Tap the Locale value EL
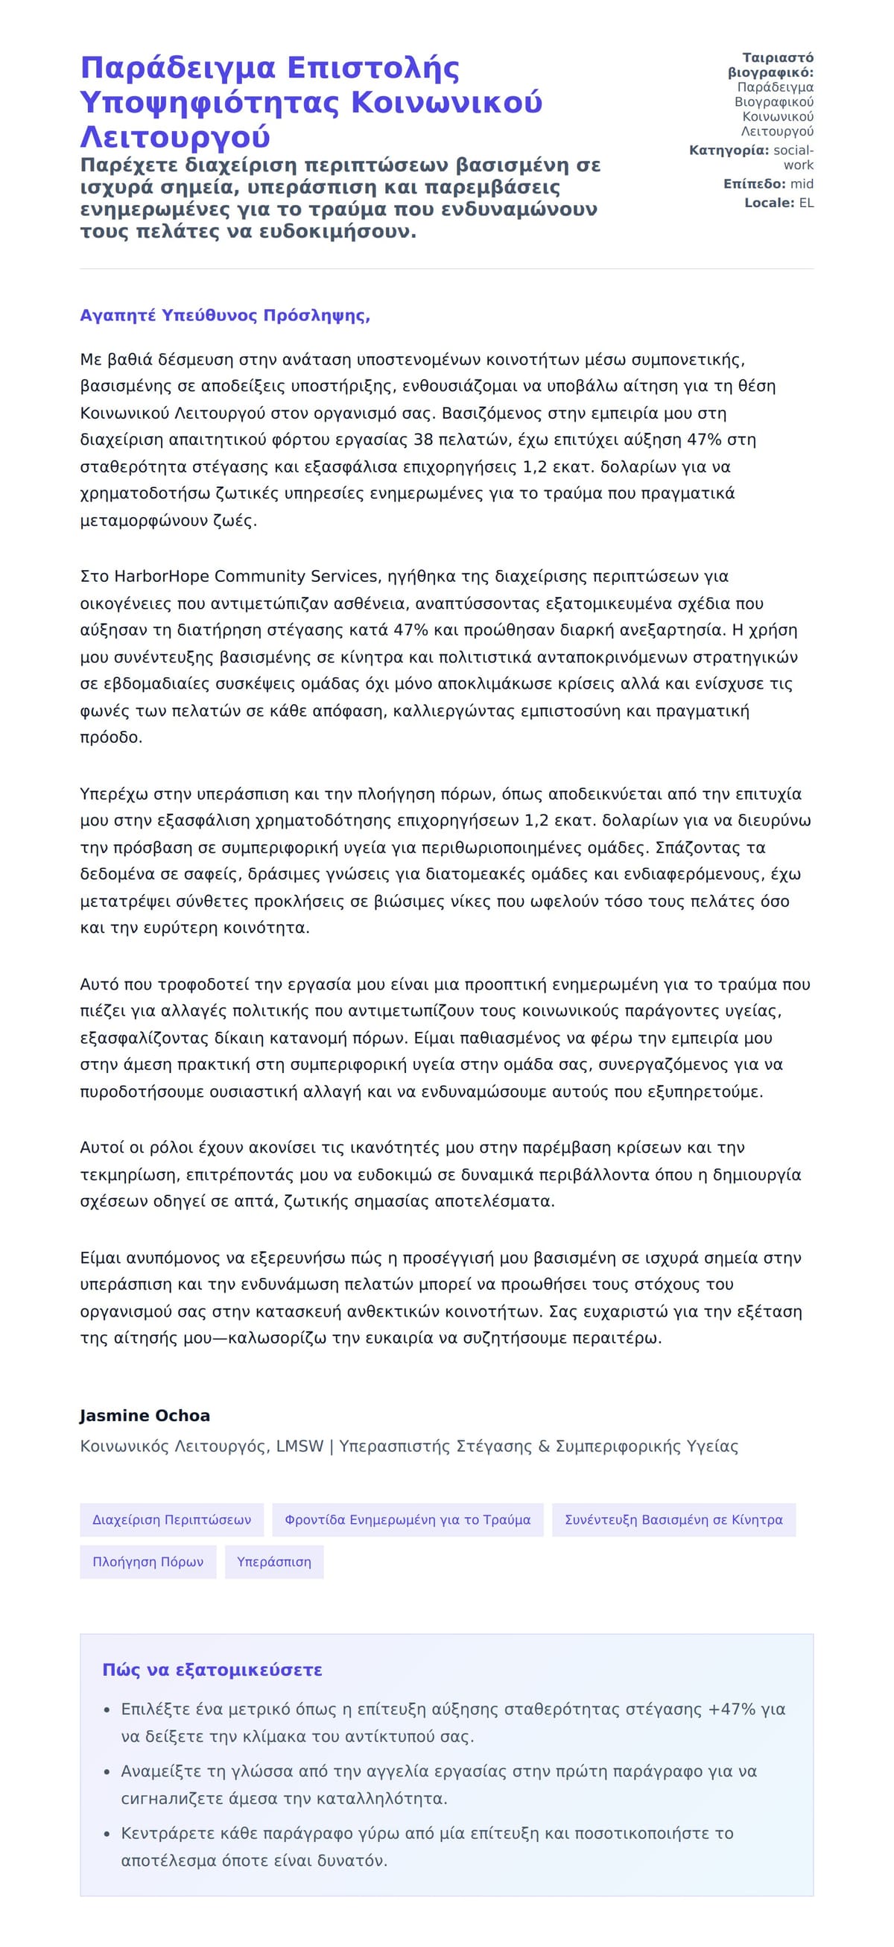point(805,203)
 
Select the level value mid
point(801,183)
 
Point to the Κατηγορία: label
point(729,151)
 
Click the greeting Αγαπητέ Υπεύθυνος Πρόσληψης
point(224,315)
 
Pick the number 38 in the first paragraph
point(423,440)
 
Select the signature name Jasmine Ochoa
point(145,1416)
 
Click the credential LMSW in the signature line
point(299,1446)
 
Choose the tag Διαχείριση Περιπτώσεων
point(171,1520)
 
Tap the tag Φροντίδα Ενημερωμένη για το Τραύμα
point(408,1520)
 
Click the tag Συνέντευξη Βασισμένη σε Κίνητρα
point(673,1520)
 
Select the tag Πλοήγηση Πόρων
point(148,1563)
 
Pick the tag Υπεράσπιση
point(273,1563)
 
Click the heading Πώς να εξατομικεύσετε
point(212,1671)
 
